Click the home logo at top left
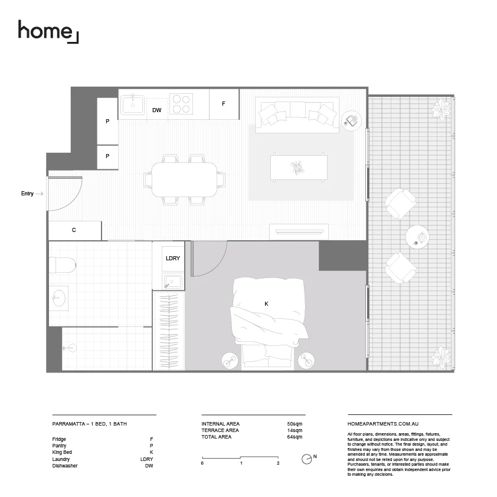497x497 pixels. coord(47,31)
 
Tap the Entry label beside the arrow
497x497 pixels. coord(27,194)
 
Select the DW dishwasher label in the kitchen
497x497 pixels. coord(156,110)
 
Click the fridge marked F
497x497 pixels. coord(224,103)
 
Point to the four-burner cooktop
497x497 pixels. coord(181,104)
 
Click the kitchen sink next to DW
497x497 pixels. coord(133,105)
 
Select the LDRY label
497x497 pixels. coord(172,259)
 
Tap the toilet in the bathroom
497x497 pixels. coord(62,264)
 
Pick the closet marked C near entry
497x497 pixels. coord(74,230)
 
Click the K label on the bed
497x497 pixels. coord(266,303)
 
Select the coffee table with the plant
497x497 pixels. coord(299,168)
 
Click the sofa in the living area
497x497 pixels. coord(297,113)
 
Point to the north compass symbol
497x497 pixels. coord(306,458)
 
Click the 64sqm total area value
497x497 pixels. coord(295,437)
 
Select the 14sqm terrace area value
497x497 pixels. coord(295,430)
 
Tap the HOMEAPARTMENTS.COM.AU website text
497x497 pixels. coord(383,424)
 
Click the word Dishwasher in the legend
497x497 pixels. coord(65,466)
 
